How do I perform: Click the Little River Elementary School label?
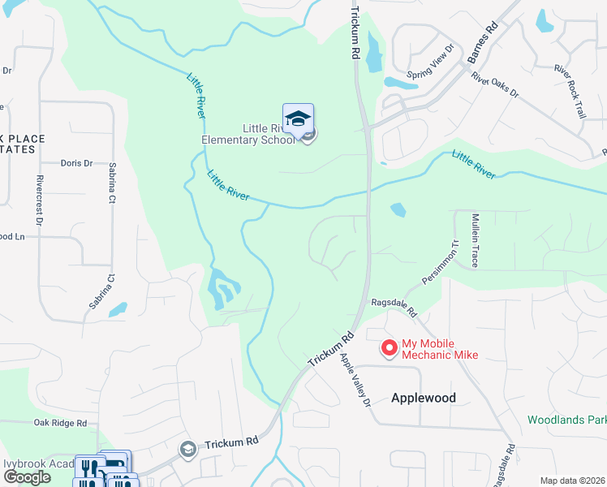248,134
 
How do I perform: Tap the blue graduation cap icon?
298,119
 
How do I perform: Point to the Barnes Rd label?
482,48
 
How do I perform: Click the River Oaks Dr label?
494,84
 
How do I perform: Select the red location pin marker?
390,347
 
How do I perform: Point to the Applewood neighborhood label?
423,398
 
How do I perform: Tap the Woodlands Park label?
566,420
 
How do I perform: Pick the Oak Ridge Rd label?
60,423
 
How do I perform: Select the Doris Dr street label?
78,162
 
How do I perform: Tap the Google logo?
26,477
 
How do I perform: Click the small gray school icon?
187,449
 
